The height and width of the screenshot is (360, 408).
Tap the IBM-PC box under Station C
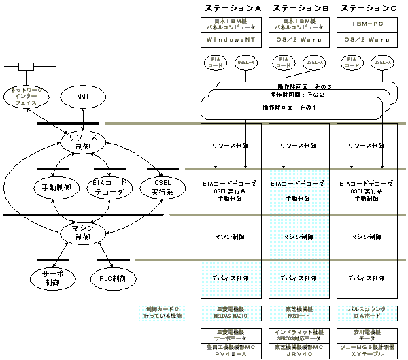coord(367,23)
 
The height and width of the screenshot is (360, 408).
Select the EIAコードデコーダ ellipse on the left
coord(107,186)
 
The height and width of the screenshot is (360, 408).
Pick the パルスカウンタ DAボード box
coord(367,312)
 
